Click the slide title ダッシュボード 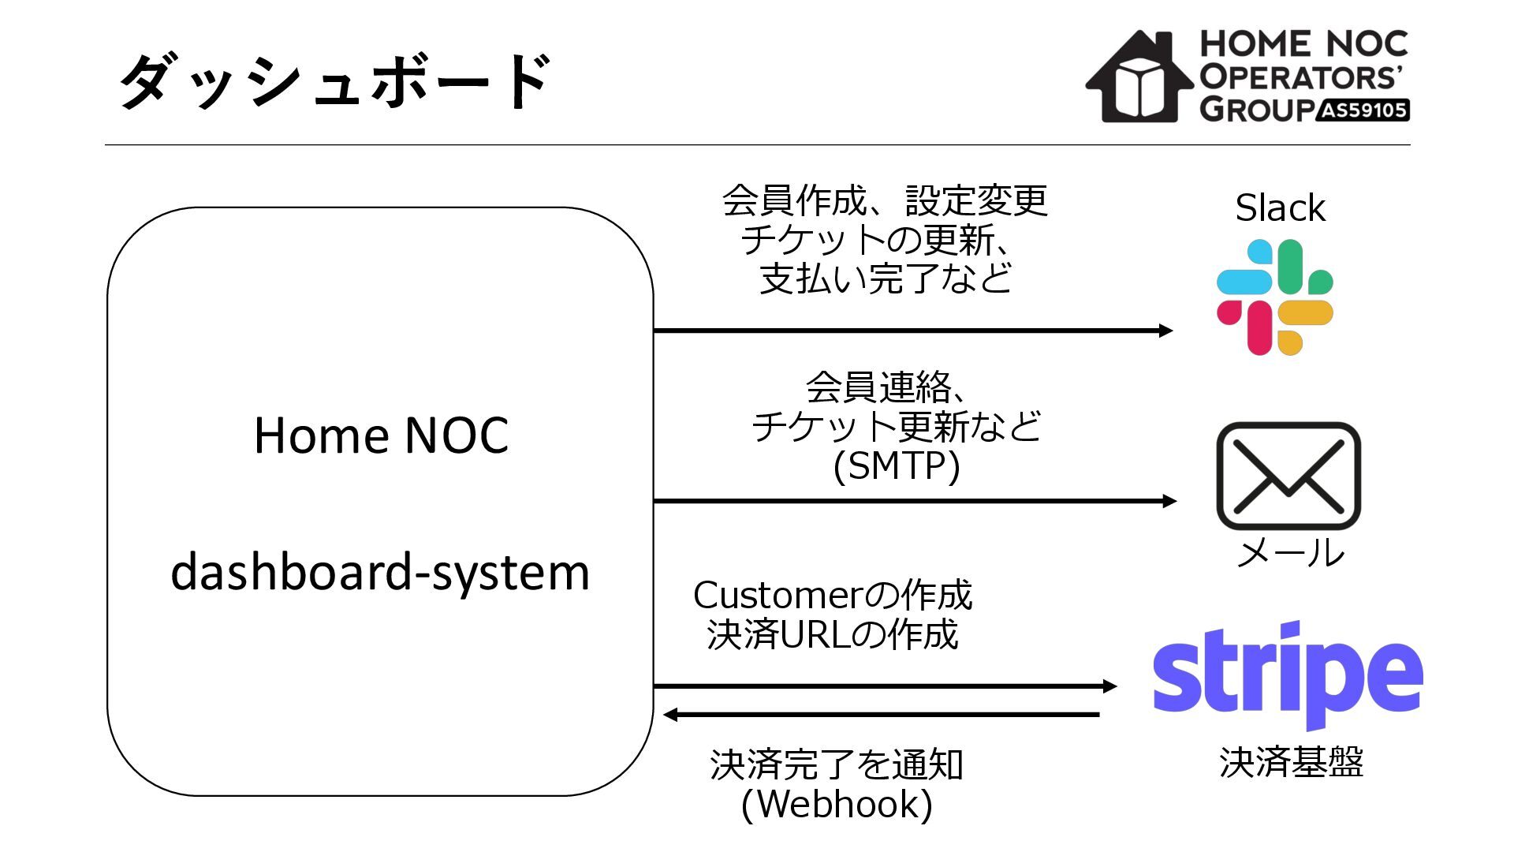pos(334,81)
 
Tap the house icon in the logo pos(1139,77)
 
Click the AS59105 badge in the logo pos(1363,110)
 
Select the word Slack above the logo pos(1280,208)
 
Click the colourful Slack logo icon pos(1274,297)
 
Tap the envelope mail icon pos(1288,476)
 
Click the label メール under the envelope pos(1290,553)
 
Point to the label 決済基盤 pos(1291,762)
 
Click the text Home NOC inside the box pos(381,435)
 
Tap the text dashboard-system pos(380,572)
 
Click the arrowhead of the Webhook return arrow pos(671,715)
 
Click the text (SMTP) pos(897,465)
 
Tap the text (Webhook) pos(837,804)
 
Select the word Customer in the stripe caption pos(778,596)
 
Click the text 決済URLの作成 pos(833,635)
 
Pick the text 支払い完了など pos(886,278)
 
